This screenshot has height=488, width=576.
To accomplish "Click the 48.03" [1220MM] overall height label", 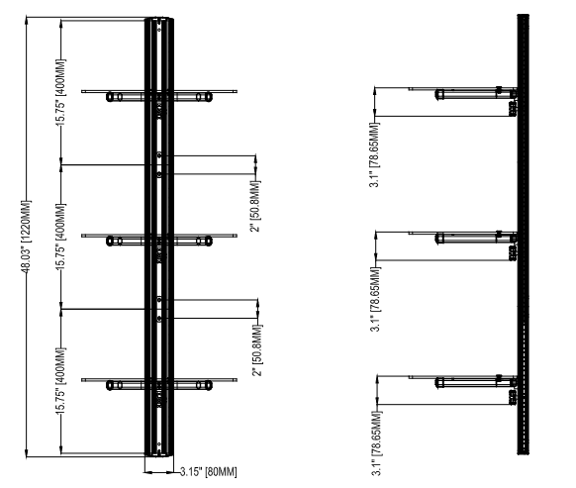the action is (26, 237).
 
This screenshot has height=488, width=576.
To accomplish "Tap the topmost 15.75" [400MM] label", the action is (61, 93).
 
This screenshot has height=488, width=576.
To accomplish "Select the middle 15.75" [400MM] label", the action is (61, 237).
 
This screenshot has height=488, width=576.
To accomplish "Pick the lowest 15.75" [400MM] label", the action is (61, 381).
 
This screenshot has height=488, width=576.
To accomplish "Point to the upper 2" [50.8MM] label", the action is (255, 206).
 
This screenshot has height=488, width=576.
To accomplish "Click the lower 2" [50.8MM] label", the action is (257, 350).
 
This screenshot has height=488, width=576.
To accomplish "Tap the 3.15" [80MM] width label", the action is (208, 472).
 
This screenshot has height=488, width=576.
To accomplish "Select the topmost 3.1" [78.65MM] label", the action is (375, 155).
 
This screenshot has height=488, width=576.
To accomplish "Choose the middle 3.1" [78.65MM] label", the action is (376, 299).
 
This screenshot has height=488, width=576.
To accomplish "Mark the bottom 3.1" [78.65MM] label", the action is (377, 443).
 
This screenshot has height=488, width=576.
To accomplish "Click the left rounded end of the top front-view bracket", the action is (110, 97).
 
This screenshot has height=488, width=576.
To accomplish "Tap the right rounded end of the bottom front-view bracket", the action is (208, 385).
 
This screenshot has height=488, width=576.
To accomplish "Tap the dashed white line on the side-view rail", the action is (524, 390).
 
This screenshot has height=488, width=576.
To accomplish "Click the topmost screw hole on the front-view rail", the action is (159, 29).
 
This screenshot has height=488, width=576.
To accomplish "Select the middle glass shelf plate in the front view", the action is (159, 236).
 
